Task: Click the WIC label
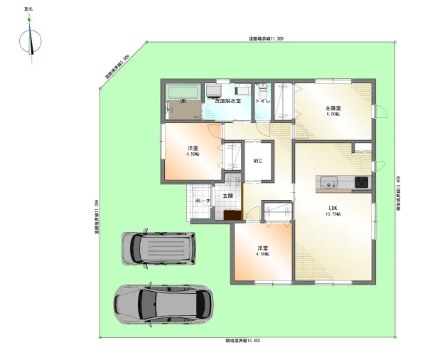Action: tap(258, 161)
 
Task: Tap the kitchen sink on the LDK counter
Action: tap(329, 182)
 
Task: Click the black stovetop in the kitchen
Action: tap(360, 182)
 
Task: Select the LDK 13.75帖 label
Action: tap(333, 212)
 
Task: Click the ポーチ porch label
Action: tap(202, 202)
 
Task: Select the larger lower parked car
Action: tap(163, 305)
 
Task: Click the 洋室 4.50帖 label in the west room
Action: tap(192, 151)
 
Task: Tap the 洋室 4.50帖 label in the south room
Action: tap(263, 252)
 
